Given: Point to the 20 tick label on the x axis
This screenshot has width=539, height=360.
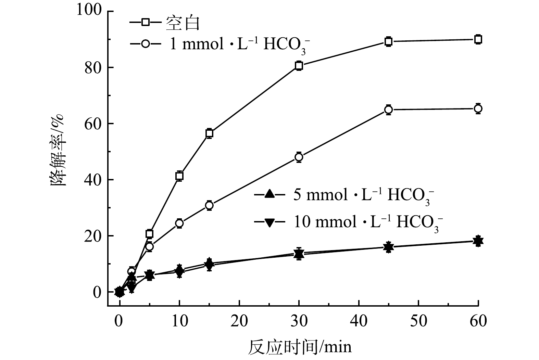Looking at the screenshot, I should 239,321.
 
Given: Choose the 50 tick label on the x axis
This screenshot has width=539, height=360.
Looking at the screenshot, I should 418,321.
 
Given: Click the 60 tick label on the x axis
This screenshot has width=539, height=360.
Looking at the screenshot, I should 478,321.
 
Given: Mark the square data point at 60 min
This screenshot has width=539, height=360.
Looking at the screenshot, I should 478,39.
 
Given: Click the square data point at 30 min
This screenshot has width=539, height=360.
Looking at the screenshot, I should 299,66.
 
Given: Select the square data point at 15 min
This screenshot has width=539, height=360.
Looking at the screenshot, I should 209,133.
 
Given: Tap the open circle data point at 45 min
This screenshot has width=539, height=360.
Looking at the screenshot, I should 388,110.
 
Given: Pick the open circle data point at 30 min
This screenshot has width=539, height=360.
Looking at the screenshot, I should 299,157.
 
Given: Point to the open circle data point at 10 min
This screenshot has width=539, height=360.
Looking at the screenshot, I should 179,223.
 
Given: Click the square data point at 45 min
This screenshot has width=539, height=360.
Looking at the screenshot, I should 388,42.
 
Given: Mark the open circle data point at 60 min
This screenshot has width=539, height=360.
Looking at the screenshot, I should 478,109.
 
